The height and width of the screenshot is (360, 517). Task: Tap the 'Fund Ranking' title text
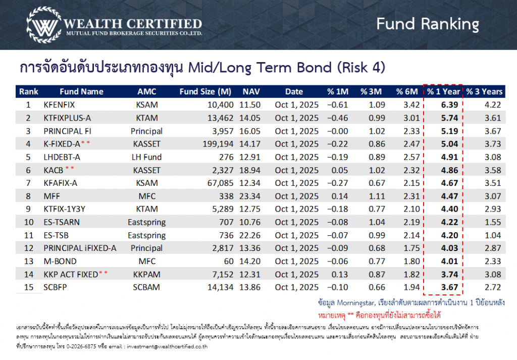(x=427, y=24)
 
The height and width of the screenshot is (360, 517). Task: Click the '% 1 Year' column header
(x=443, y=91)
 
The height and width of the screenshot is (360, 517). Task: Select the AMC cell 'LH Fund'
(x=147, y=157)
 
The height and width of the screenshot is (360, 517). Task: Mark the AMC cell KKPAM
(x=147, y=275)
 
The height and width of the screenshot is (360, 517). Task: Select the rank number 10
(x=29, y=222)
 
